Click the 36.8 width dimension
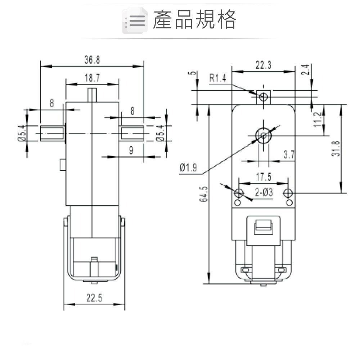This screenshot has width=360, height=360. click(92, 60)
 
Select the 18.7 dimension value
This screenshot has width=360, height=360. click(92, 78)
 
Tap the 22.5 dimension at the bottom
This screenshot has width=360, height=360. click(94, 298)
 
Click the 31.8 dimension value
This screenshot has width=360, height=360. click(336, 148)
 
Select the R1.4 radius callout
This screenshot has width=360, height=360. click(218, 78)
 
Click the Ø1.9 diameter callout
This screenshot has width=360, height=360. click(188, 167)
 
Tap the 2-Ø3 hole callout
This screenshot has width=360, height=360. click(264, 193)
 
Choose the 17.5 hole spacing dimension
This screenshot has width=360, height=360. click(264, 177)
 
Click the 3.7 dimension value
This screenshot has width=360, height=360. click(289, 155)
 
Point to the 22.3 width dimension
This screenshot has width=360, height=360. click(264, 65)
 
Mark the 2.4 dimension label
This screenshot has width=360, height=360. click(306, 69)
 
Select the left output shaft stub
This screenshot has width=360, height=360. click(53, 133)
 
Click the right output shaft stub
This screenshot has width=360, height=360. click(132, 133)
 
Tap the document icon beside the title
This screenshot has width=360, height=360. click(135, 21)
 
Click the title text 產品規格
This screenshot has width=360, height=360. click(194, 19)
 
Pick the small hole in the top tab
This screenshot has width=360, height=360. click(264, 96)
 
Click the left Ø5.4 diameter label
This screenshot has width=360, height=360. click(21, 133)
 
